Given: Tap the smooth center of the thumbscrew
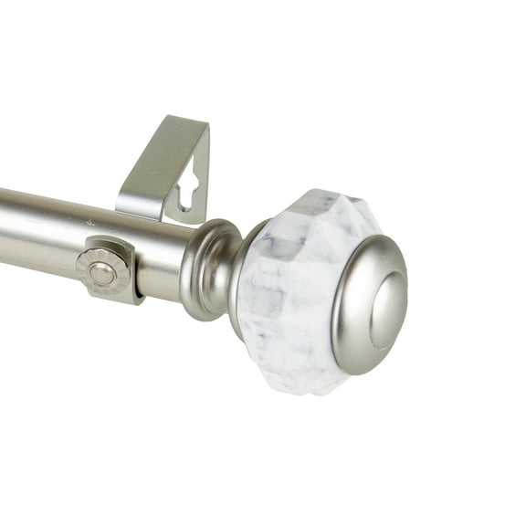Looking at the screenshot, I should [101, 273].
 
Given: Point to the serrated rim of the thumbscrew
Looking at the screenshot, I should [85, 264].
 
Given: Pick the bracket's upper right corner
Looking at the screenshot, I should [206, 128].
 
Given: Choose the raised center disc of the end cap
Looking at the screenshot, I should [389, 310].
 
